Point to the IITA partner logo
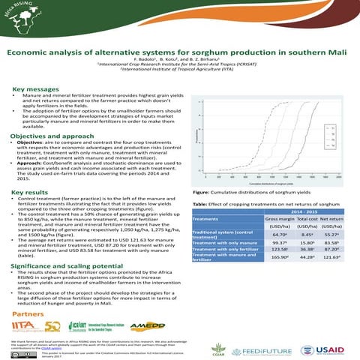click(x=34, y=326)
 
